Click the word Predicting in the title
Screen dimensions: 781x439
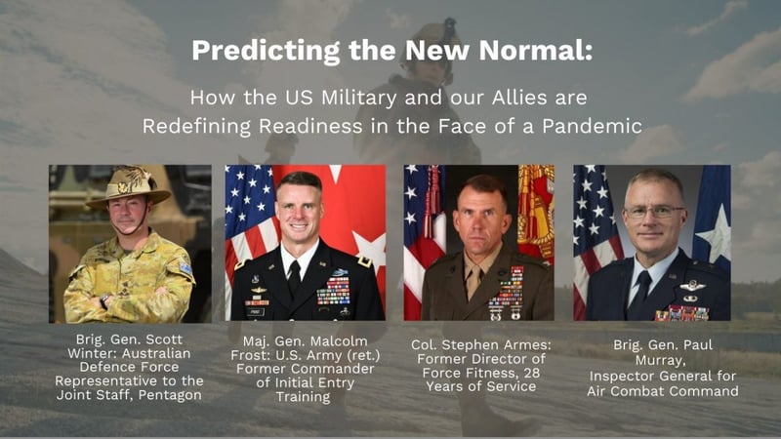tap(266, 51)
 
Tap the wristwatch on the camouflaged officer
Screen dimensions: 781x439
tap(104, 301)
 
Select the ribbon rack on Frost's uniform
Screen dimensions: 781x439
tap(333, 290)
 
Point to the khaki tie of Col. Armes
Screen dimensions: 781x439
tap(473, 280)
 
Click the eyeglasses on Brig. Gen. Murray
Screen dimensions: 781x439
tap(653, 212)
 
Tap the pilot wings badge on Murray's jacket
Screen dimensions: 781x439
tap(692, 286)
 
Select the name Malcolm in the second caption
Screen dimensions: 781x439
tap(335, 341)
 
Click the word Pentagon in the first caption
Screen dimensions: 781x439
tap(170, 395)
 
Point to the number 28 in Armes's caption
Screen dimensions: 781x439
tap(531, 373)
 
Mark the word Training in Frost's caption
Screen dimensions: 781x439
tap(303, 397)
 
